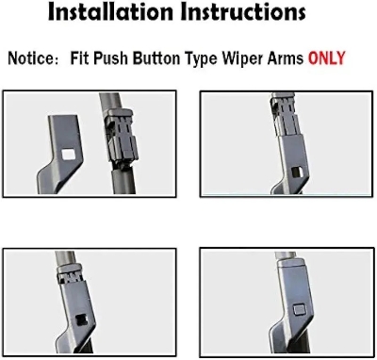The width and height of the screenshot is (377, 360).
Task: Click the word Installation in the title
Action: click(110, 12)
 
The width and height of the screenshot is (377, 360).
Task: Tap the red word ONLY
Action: click(326, 58)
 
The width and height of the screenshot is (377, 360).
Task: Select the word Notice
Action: click(30, 58)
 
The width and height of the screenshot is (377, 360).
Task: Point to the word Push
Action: click(111, 58)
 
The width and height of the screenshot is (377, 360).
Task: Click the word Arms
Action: click(286, 58)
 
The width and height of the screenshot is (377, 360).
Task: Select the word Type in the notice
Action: click(201, 59)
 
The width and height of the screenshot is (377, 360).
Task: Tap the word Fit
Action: click(80, 58)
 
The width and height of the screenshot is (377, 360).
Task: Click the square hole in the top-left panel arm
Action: click(67, 154)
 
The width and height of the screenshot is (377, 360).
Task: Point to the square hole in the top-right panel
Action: click(297, 172)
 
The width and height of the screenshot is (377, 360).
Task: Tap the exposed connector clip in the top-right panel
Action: click(285, 115)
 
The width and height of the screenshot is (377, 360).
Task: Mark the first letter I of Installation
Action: click(52, 12)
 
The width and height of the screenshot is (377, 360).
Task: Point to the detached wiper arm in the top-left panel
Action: click(61, 154)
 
